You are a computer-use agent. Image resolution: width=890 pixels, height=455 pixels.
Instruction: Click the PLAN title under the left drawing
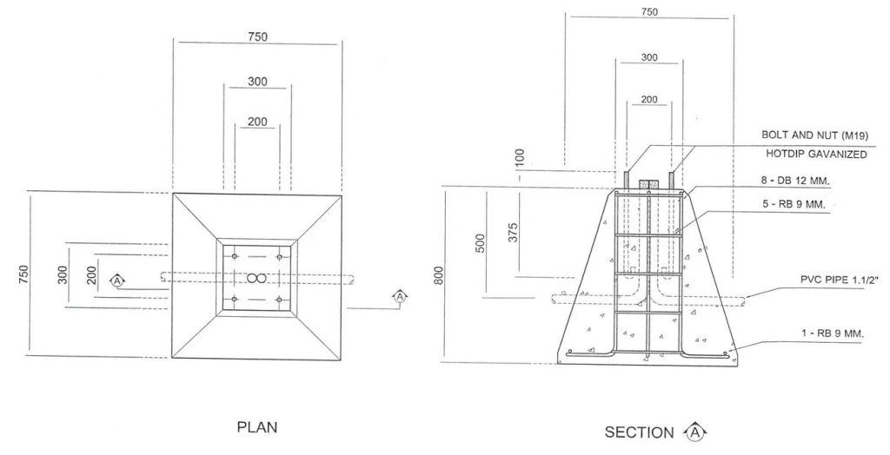point(257,427)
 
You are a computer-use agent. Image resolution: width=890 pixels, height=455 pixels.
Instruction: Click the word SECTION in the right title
point(639,432)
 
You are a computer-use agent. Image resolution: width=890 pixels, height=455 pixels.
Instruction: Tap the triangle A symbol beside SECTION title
point(695,432)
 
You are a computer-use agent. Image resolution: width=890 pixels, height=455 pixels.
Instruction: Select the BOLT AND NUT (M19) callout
point(814,135)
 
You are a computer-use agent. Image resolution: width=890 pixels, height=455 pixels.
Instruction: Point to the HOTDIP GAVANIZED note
point(816,154)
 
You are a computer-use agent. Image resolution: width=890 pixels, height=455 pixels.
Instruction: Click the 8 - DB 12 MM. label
point(795,181)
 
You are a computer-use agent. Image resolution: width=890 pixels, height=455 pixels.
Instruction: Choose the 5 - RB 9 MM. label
point(794,204)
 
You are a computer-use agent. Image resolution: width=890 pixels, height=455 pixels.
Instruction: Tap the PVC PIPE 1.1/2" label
point(839,279)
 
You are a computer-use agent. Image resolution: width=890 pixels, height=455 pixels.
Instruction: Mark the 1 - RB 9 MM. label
point(833,333)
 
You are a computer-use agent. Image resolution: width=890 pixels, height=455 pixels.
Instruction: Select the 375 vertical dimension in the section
point(513,233)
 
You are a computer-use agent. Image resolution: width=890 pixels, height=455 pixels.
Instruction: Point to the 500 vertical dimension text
point(481,243)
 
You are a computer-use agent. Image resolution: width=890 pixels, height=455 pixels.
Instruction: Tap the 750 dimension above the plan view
point(257,36)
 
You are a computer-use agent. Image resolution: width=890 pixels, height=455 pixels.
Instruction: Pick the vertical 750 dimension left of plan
point(23,274)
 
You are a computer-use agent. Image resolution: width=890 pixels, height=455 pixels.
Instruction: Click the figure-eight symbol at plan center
point(256,278)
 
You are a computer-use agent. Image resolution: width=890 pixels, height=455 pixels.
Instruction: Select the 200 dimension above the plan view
point(257,122)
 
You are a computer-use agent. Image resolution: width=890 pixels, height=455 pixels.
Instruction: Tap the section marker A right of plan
point(400,296)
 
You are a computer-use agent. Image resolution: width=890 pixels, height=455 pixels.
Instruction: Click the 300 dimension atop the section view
point(649,57)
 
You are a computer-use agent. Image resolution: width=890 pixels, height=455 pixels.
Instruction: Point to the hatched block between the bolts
point(648,186)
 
